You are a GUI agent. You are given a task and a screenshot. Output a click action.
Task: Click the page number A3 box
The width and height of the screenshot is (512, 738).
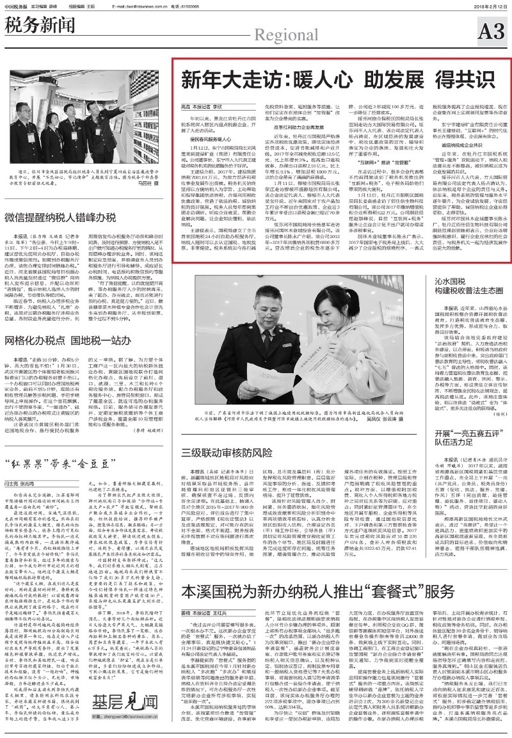click(492, 29)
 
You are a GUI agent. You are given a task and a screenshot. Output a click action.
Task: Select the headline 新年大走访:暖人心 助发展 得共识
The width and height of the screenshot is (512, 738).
click(339, 80)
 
